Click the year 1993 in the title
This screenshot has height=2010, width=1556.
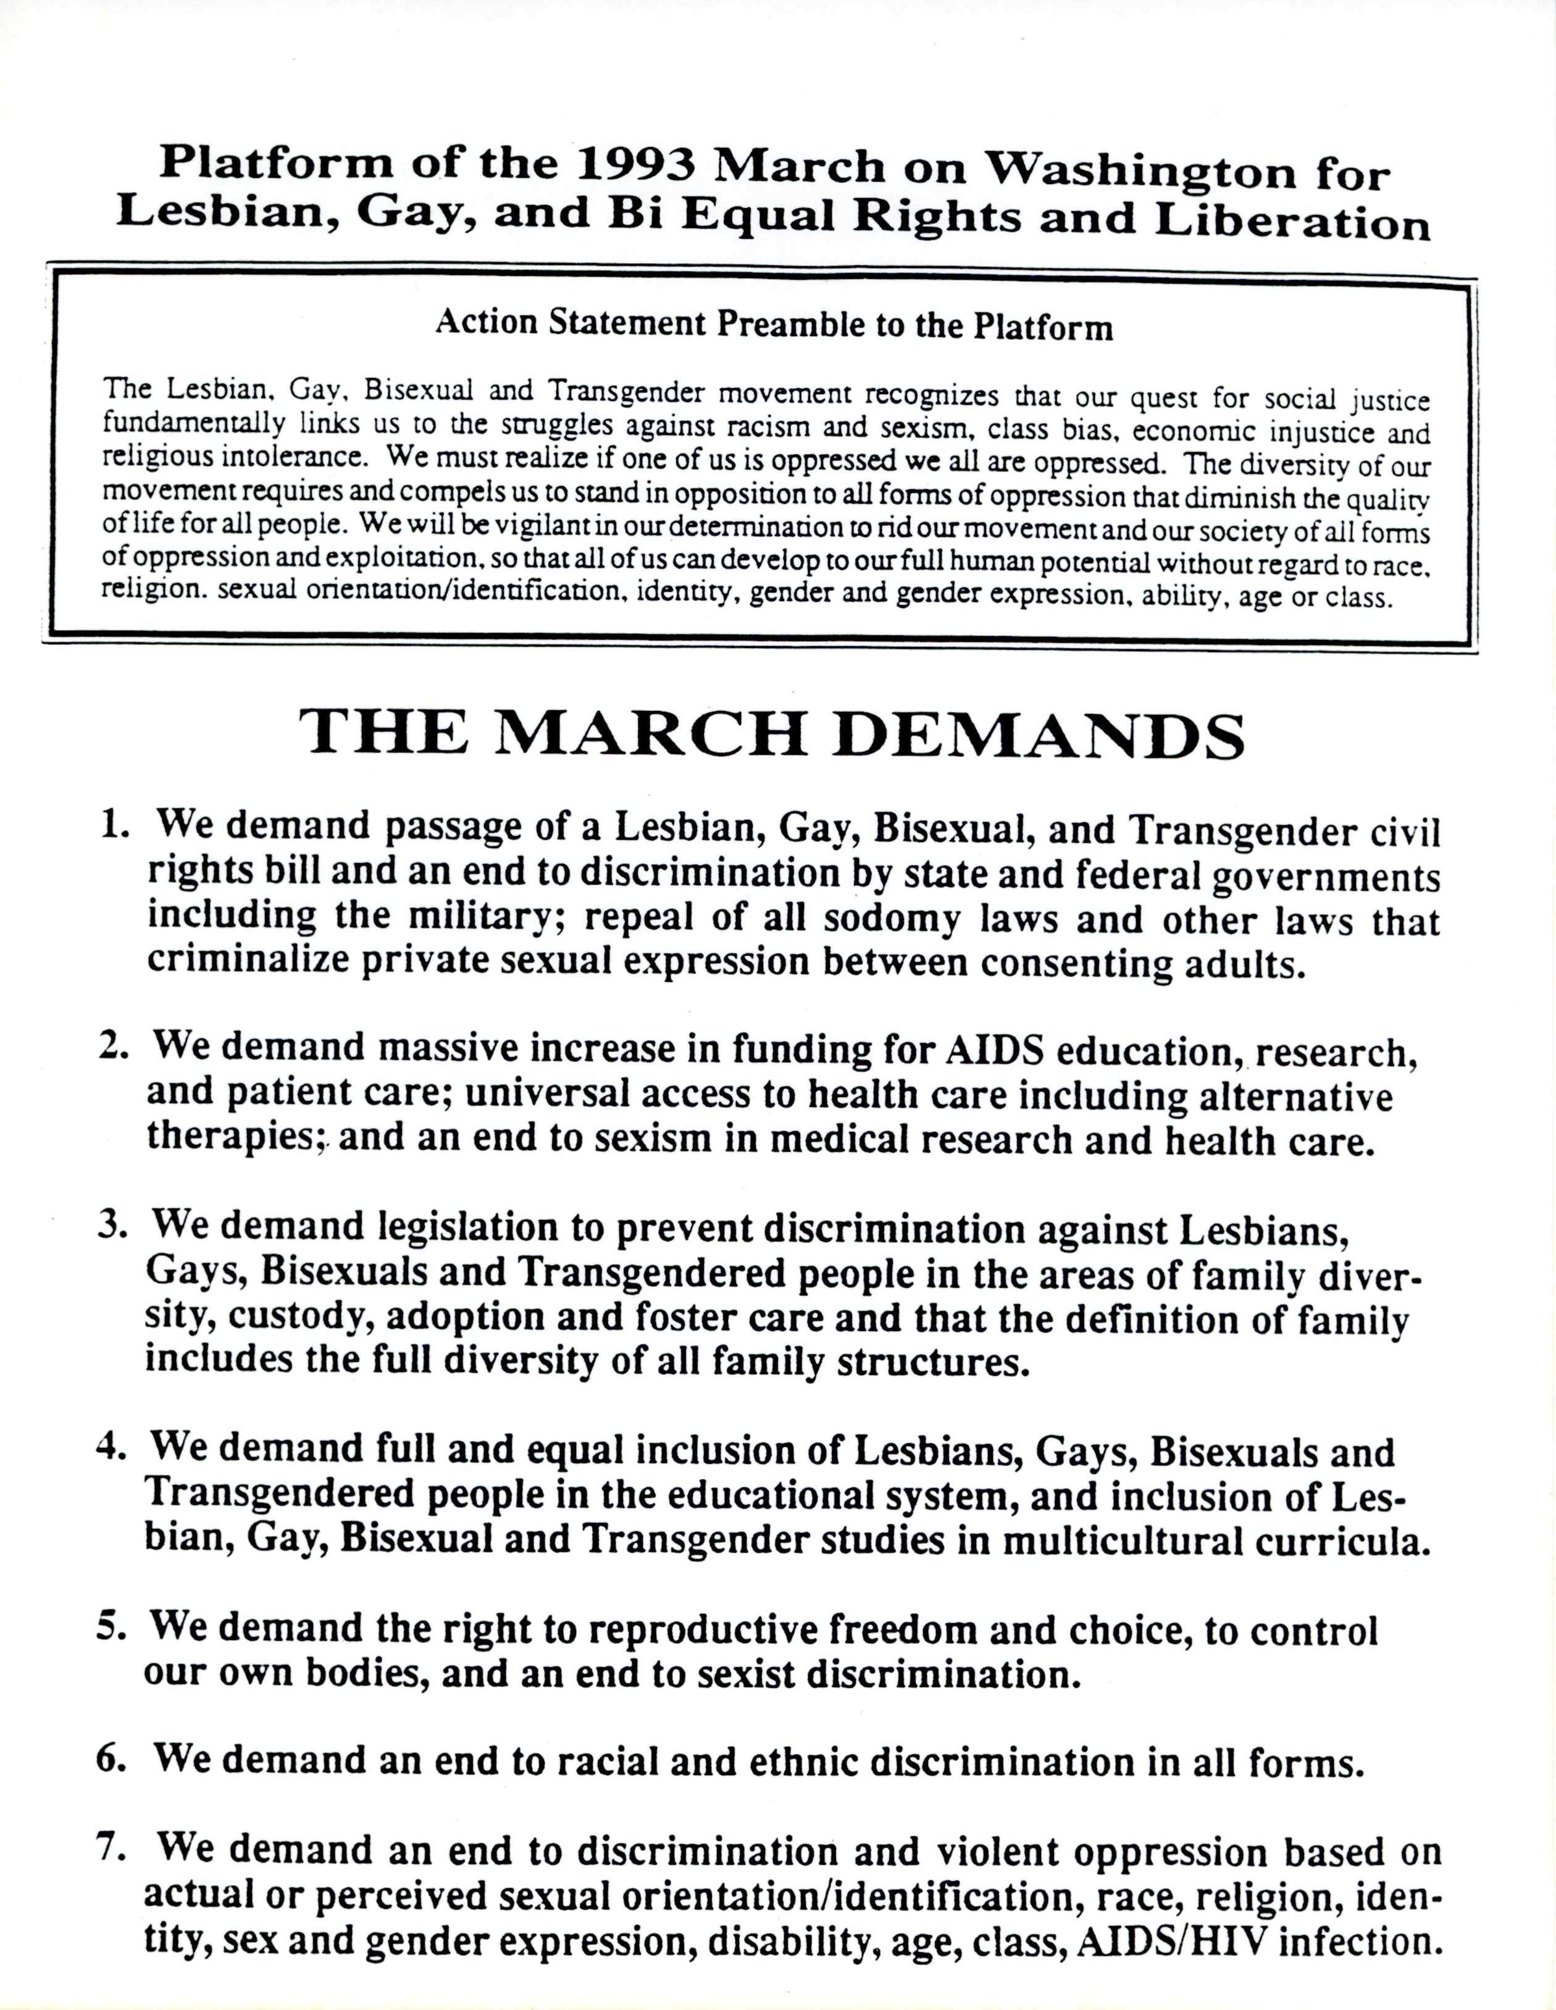[x=643, y=166]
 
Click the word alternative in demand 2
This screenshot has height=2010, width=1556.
[x=1295, y=1097]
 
